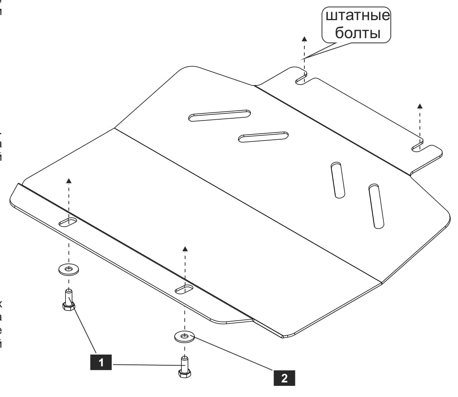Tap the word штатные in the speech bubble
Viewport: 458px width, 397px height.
pyautogui.click(x=358, y=17)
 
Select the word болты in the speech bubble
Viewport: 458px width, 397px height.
pyautogui.click(x=357, y=33)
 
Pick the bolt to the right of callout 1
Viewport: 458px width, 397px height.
pyautogui.click(x=184, y=368)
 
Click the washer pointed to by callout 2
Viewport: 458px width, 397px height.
pyautogui.click(x=184, y=336)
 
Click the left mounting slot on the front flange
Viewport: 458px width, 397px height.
pyautogui.click(x=68, y=222)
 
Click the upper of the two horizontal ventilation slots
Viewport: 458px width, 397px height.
pyautogui.click(x=220, y=115)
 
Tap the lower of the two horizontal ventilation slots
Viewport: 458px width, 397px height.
pyautogui.click(x=263, y=137)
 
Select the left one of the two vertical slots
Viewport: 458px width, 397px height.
pyautogui.click(x=338, y=180)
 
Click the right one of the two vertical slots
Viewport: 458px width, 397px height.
pyautogui.click(x=377, y=206)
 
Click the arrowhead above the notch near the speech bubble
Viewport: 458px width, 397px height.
pyautogui.click(x=304, y=39)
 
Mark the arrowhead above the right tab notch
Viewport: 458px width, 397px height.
pyautogui.click(x=420, y=105)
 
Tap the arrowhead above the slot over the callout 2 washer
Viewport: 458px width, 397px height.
pyautogui.click(x=185, y=248)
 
